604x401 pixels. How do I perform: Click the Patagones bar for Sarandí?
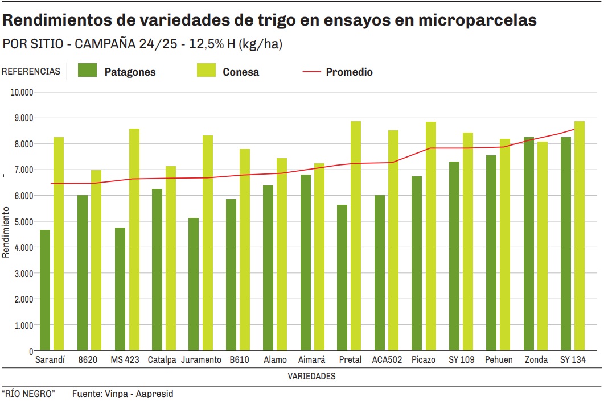45,290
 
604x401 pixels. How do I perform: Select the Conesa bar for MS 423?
134,239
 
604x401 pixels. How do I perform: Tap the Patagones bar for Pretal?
342,278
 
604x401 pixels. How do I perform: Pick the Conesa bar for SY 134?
580,236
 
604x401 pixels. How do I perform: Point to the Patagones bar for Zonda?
529,244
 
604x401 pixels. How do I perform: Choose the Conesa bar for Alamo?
282,254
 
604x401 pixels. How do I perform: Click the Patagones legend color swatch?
88,70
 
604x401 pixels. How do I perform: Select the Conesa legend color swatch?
206,70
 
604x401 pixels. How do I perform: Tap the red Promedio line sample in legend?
312,72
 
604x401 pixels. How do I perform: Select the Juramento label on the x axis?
201,360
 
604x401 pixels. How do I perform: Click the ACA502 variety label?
387,360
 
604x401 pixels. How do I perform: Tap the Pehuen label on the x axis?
499,360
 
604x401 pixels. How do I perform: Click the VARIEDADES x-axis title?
311,377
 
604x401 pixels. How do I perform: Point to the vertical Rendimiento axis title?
6,231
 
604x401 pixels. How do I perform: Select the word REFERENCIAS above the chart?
31,72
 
